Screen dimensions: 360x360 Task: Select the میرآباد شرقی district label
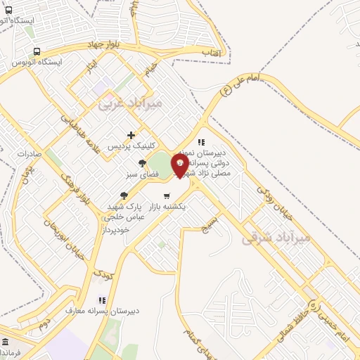point(276,238)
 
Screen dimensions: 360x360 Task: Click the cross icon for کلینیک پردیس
point(131,135)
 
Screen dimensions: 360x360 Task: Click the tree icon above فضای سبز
point(142,163)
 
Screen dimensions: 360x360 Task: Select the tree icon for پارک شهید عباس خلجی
point(124,195)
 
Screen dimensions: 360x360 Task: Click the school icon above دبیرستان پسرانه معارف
point(103,300)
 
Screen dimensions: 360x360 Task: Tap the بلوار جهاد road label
point(104,44)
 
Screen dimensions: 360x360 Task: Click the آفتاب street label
point(210,53)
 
